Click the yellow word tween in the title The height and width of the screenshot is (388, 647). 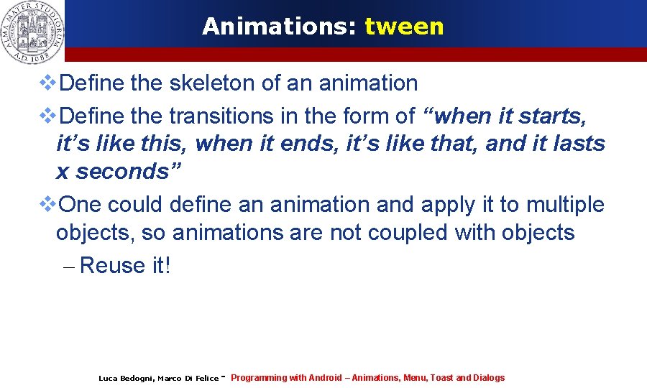coord(404,27)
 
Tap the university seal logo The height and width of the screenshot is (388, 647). coord(32,30)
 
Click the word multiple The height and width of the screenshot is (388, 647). coord(565,205)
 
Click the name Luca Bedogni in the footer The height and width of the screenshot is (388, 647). coord(125,378)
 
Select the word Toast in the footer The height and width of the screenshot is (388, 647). coord(441,378)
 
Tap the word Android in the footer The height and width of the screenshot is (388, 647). coord(325,378)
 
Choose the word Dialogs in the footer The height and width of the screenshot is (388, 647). coord(489,378)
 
